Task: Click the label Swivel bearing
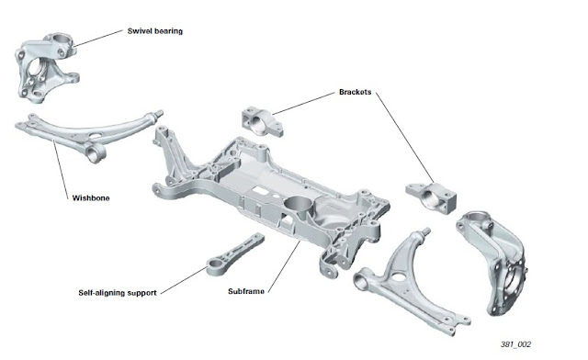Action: [x=155, y=31]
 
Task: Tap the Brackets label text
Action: [x=356, y=92]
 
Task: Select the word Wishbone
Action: [x=91, y=198]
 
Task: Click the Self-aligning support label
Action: [x=118, y=292]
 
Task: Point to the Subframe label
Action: [x=246, y=291]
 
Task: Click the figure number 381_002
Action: [x=515, y=344]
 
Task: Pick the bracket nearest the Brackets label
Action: [x=262, y=121]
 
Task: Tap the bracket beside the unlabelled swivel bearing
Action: [x=431, y=197]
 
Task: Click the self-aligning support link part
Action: [x=235, y=255]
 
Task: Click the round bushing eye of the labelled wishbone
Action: [x=94, y=153]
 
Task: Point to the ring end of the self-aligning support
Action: [x=215, y=268]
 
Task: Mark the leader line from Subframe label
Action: [x=284, y=266]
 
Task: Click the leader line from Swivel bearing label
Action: [x=98, y=39]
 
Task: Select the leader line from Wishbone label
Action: [x=61, y=169]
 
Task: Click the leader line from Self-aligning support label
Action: [x=184, y=280]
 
